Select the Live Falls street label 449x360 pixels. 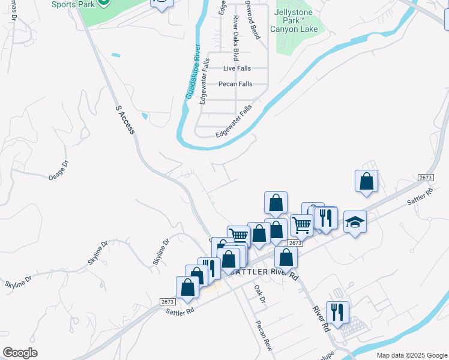pyautogui.click(x=237, y=68)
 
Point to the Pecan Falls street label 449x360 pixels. pyautogui.click(x=235, y=84)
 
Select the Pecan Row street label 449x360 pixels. pyautogui.click(x=264, y=335)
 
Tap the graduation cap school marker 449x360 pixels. pyautogui.click(x=355, y=223)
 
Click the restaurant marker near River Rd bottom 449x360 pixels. pyautogui.click(x=337, y=311)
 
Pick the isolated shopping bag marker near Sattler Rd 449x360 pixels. pyautogui.click(x=366, y=181)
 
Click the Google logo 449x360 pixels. pyautogui.click(x=20, y=353)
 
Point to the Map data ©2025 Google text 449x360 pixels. pyautogui.click(x=411, y=355)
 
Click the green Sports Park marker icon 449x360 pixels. pyautogui.click(x=104, y=2)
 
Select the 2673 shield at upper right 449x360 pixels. pyautogui.click(x=426, y=178)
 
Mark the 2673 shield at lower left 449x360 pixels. pyautogui.click(x=167, y=301)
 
